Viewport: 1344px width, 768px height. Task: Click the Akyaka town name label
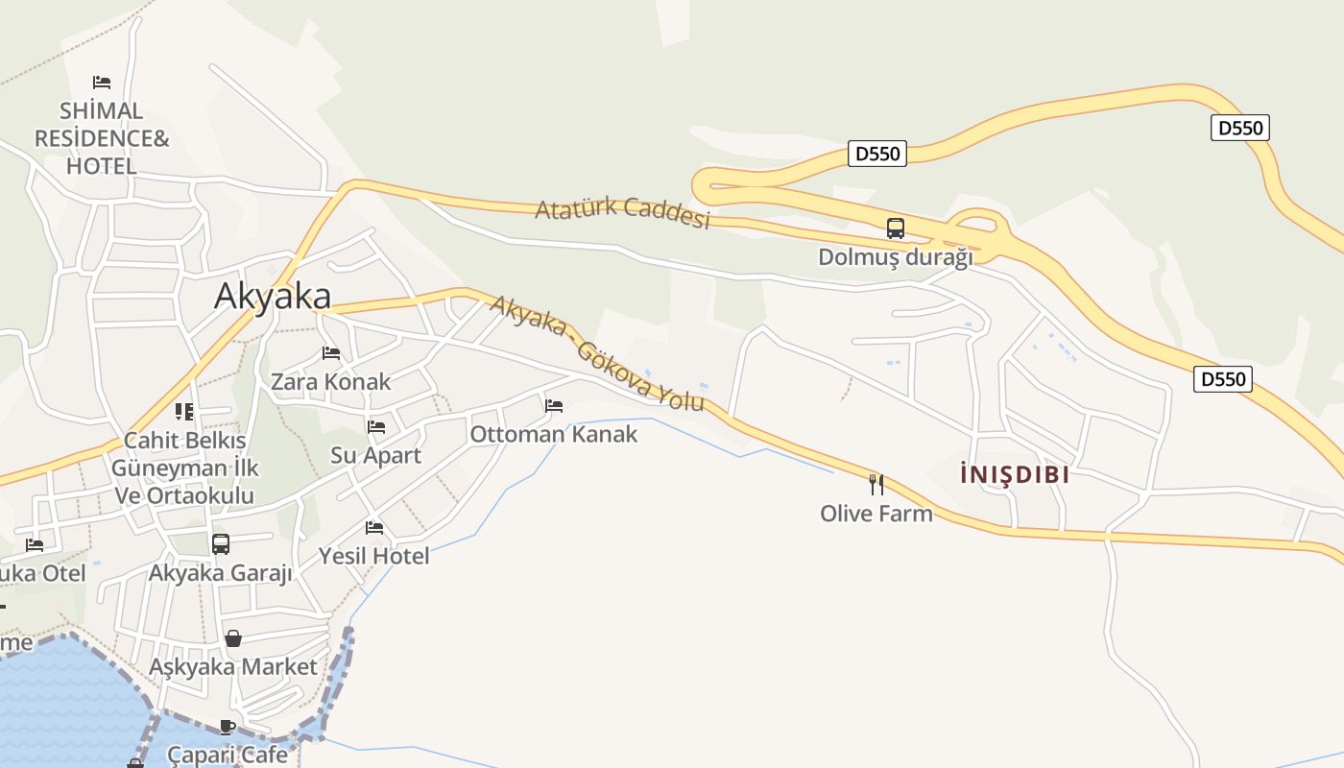pos(273,296)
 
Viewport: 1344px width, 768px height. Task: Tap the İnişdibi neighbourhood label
pos(1015,474)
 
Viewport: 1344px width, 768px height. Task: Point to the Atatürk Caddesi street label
pos(622,212)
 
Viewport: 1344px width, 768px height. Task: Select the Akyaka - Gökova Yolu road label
pos(597,352)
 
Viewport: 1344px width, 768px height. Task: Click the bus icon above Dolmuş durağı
pos(895,228)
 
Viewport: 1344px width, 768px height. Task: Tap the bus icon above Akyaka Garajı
pos(220,544)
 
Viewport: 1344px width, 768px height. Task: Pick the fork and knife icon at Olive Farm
pos(876,484)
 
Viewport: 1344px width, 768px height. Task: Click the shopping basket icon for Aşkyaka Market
pos(232,638)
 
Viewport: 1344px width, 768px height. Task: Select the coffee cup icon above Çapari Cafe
pos(227,727)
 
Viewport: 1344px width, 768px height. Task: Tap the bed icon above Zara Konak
pos(331,353)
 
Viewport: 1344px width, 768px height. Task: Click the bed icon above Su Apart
pos(376,426)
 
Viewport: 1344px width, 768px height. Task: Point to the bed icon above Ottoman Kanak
pos(554,406)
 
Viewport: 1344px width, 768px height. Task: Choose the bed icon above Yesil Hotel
pos(374,527)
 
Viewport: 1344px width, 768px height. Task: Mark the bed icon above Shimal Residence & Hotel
pos(102,83)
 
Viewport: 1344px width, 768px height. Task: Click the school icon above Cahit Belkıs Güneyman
pos(184,412)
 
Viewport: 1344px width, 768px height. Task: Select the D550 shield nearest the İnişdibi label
pos(1224,379)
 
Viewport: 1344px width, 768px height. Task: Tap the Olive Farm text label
pos(876,514)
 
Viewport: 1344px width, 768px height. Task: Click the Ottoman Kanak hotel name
pos(553,434)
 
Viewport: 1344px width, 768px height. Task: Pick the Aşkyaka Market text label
pos(232,666)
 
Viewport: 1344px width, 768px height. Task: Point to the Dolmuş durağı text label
pos(895,257)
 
